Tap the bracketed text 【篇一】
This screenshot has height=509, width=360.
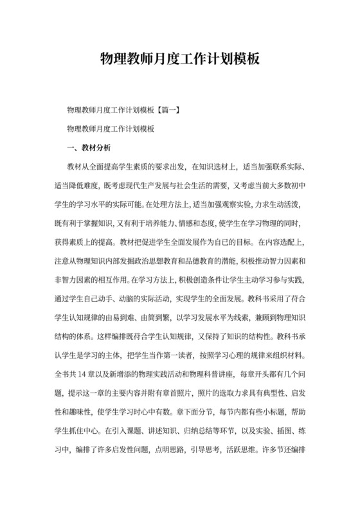pyautogui.click(x=168, y=110)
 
